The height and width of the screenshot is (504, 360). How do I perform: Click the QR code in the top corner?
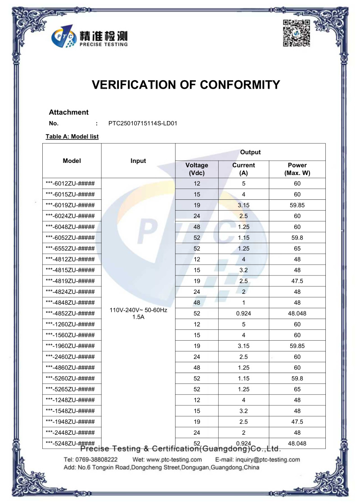pyautogui.click(x=297, y=34)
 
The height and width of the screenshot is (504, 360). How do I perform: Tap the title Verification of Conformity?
pyautogui.click(x=186, y=85)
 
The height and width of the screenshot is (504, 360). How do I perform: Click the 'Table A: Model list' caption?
pyautogui.click(x=72, y=136)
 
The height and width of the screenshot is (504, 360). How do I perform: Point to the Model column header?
pyautogui.click(x=72, y=161)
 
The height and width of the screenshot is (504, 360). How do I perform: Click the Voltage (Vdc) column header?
pyautogui.click(x=197, y=169)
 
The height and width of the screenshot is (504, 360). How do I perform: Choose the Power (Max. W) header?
pyautogui.click(x=297, y=169)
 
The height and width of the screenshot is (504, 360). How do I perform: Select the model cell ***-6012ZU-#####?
pyautogui.click(x=70, y=184)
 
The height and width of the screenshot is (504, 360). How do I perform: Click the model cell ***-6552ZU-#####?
pyautogui.click(x=70, y=248)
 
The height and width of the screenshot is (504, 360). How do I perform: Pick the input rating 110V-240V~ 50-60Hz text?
pyautogui.click(x=138, y=310)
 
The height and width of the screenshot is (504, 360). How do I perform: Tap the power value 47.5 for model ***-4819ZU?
pyautogui.click(x=297, y=281)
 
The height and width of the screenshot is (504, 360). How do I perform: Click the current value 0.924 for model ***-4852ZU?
pyautogui.click(x=243, y=313)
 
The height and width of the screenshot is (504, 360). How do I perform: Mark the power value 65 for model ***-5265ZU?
pyautogui.click(x=297, y=389)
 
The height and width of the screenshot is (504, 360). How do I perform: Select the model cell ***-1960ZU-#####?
pyautogui.click(x=70, y=346)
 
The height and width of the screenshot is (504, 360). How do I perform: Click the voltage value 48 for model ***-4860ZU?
pyautogui.click(x=197, y=368)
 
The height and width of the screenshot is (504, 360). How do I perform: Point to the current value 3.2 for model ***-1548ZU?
pyautogui.click(x=243, y=411)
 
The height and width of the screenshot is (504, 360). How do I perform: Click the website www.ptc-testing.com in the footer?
pyautogui.click(x=174, y=459)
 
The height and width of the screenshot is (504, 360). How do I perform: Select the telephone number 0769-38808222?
pyautogui.click(x=97, y=459)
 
